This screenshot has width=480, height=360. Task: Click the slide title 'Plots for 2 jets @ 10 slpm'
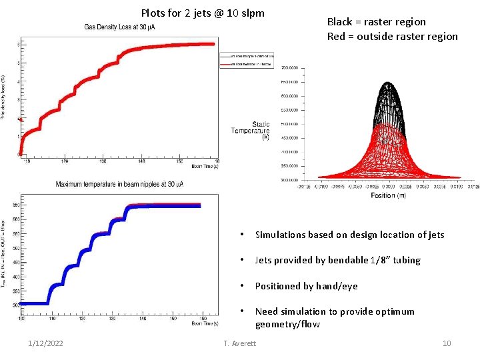point(203,13)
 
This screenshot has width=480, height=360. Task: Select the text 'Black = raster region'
point(376,22)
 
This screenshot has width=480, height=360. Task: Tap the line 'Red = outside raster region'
point(392,36)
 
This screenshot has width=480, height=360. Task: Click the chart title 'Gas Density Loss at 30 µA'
point(120,27)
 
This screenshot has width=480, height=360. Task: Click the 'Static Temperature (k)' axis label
point(251,131)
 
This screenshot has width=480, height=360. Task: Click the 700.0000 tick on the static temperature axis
point(289,68)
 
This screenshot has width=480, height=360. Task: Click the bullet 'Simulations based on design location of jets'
point(349,235)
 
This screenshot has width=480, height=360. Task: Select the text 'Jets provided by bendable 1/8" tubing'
point(337,260)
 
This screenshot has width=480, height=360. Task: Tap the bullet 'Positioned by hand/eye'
point(306,286)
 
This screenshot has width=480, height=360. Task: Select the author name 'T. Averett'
point(241,343)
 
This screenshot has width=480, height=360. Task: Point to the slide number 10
point(447,343)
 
